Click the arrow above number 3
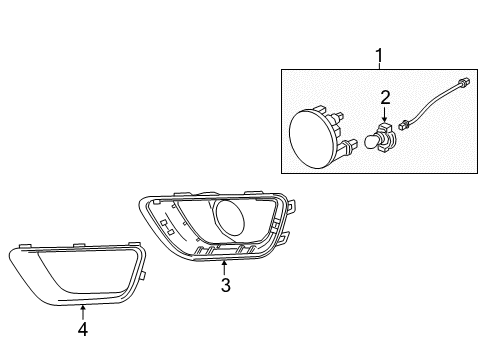[x=226, y=267]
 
